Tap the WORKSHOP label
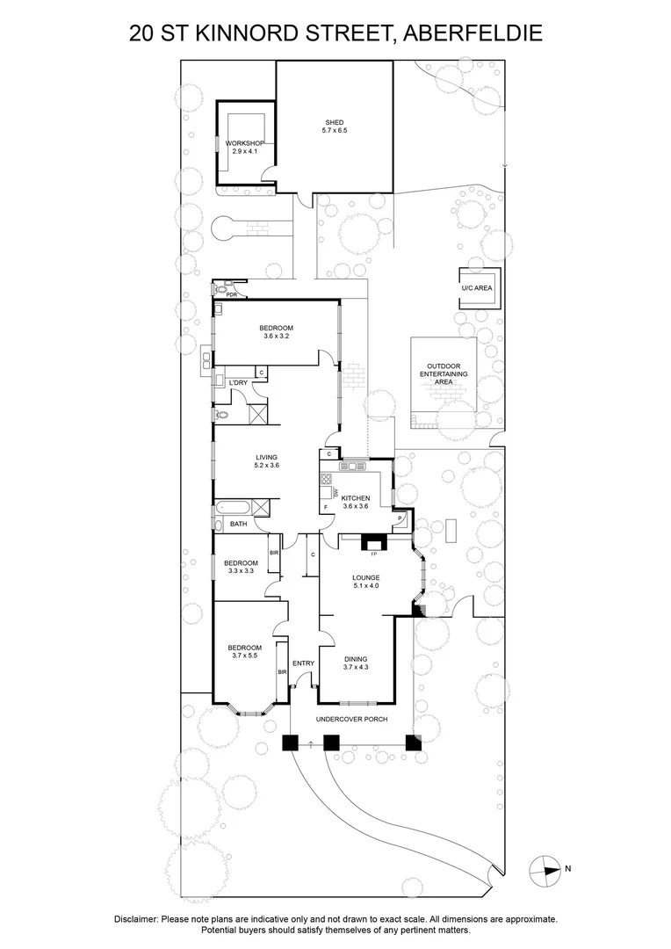pos(245,143)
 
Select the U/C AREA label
pos(477,287)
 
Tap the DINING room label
pos(356,659)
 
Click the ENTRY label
pos(303,663)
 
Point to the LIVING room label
pos(266,457)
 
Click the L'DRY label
pos(238,383)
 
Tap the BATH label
pos(238,524)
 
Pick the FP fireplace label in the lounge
pos(373,554)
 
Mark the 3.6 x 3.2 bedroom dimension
pos(276,336)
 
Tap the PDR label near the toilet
pos(232,295)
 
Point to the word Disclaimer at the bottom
pos(136,918)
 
